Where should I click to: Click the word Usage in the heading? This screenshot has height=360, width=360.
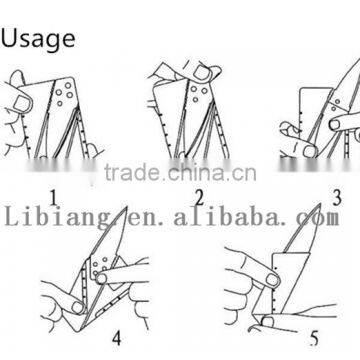coord(38,39)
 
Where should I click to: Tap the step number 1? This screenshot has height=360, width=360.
coord(54,199)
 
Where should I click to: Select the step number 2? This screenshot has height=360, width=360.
coord(199,199)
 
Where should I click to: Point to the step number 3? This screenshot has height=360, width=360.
coord(337,198)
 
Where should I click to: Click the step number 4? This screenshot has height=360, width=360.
coord(116,337)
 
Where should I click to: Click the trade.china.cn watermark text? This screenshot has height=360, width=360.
coord(180,173)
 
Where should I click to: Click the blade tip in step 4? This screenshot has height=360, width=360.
coord(127,207)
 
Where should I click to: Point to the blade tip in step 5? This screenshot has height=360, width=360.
coord(320,204)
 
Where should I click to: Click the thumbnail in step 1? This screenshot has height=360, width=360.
coord(21,103)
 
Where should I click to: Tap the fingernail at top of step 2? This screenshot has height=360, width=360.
coord(203,72)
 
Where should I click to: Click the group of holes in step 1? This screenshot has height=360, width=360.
coord(64,94)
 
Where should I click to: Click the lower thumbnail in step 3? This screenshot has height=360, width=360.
coord(310,152)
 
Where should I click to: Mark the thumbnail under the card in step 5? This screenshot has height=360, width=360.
coord(267,322)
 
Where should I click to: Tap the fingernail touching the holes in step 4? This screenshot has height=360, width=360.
coord(101,277)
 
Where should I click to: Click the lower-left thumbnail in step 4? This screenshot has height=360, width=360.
coord(78,307)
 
